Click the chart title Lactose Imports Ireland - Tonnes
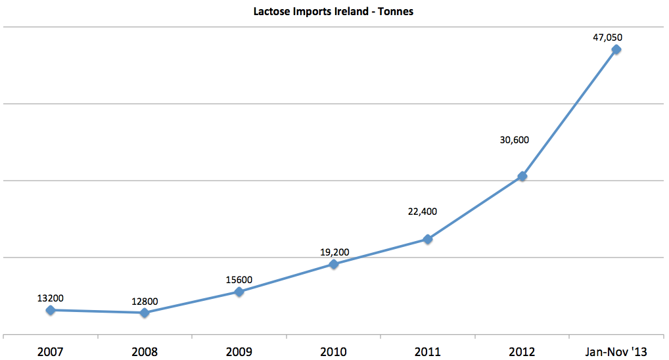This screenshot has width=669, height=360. pos(333,12)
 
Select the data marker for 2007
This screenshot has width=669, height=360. pos(51,310)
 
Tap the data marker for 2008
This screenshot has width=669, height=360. pos(145,313)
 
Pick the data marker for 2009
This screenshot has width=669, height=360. pos(239,292)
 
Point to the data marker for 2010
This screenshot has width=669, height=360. pos(334,264)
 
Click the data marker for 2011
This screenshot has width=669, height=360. pos(428,239)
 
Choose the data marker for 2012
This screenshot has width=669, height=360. pos(522,176)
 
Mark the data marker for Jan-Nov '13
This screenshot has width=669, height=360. pos(616,49)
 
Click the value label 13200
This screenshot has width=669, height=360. pos(51,298)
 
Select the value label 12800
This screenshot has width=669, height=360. pos(145,302)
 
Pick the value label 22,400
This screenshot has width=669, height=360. pos(422,212)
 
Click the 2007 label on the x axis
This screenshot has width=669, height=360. pos(51,351)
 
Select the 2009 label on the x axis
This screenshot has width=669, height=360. pos(239,351)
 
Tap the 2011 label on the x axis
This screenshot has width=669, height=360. pos(428,351)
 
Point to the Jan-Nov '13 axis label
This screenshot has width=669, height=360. pos(616,351)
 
